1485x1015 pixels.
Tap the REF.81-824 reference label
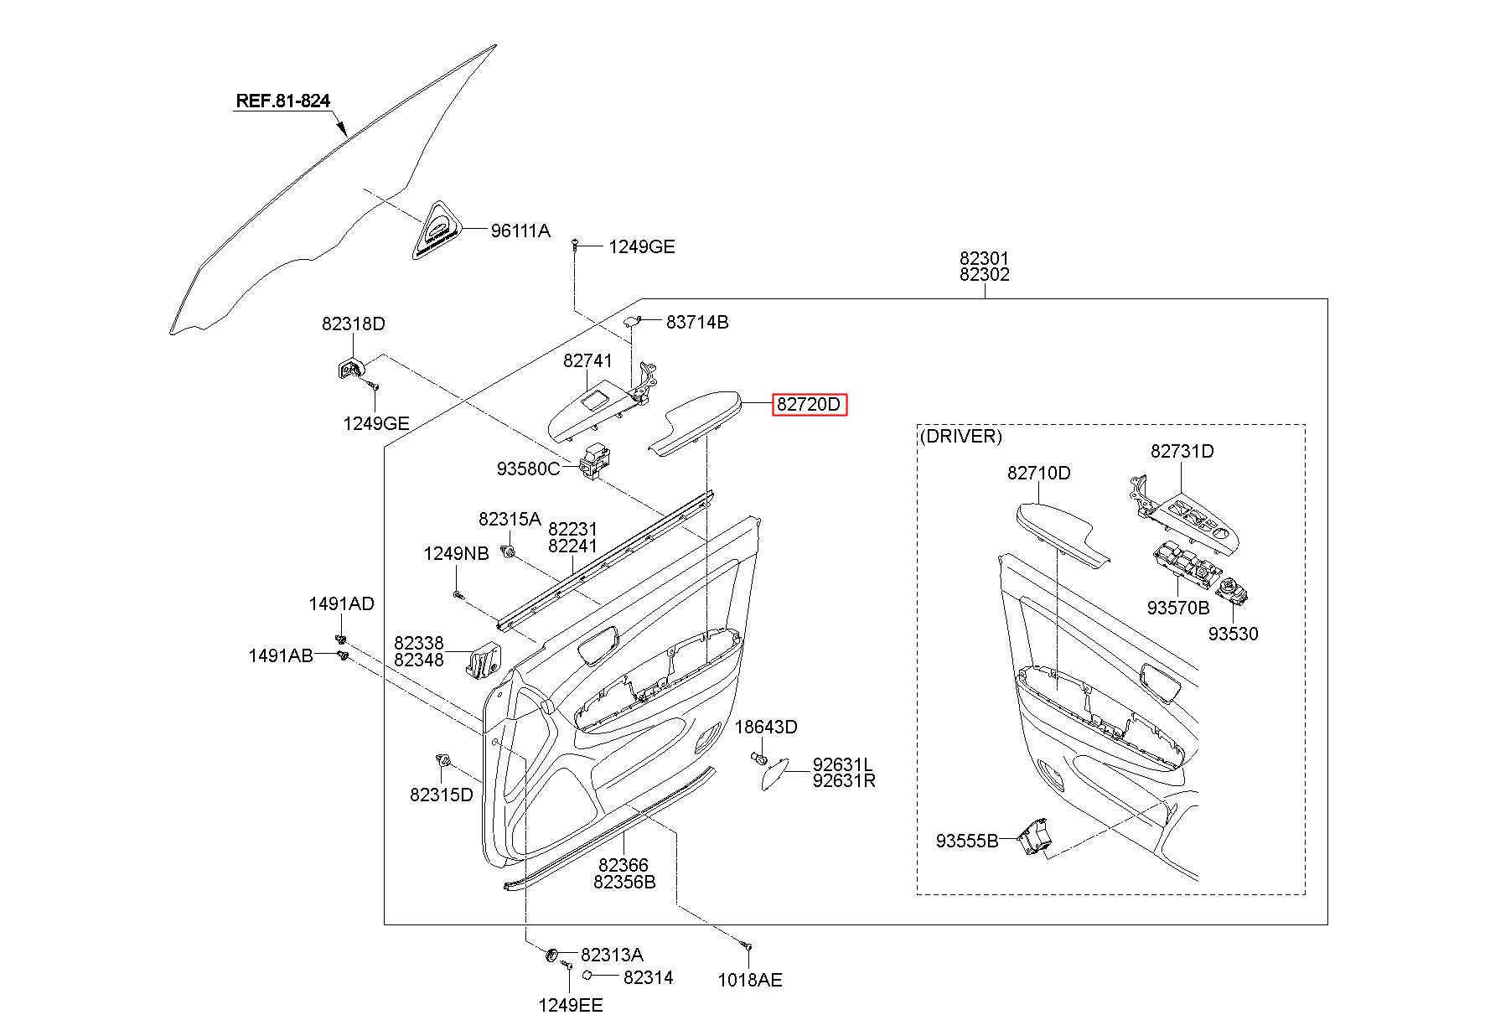(283, 101)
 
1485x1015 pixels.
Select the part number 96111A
(520, 230)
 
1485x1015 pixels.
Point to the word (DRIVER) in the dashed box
(960, 436)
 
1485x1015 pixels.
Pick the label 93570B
(1178, 608)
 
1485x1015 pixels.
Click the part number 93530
(1233, 634)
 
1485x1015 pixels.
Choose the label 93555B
(967, 840)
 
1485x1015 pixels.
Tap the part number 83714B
(697, 322)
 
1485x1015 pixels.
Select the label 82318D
(354, 324)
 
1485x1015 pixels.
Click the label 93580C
(528, 469)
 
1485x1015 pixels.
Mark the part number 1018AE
(750, 980)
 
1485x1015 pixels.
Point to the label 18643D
(766, 727)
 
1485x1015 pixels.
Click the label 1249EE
(570, 1005)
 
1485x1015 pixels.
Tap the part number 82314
(649, 977)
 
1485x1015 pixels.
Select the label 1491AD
(341, 603)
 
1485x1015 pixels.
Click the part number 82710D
(1039, 473)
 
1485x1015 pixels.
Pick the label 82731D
(1182, 451)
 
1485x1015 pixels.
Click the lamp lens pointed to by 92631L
(774, 774)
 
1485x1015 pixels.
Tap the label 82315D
(442, 795)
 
